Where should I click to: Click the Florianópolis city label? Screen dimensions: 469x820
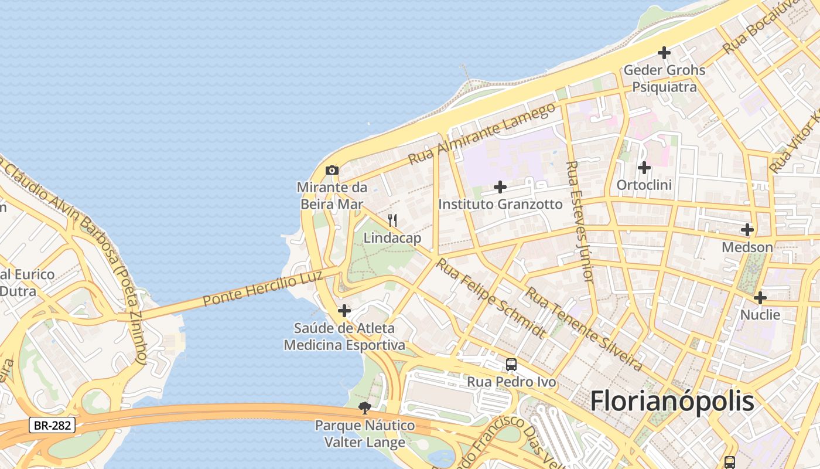click(672, 402)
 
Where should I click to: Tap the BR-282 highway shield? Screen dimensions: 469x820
click(52, 425)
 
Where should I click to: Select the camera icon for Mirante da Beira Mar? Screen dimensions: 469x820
click(332, 171)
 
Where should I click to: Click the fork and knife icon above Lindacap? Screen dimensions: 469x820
click(392, 220)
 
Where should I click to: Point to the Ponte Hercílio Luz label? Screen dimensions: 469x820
click(263, 283)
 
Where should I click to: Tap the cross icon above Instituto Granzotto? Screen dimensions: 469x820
click(500, 187)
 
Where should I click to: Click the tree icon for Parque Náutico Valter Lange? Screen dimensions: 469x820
click(365, 408)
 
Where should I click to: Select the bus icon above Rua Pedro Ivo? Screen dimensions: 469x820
click(511, 365)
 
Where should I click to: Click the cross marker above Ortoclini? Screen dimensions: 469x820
click(644, 168)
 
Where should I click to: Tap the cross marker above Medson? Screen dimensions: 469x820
click(747, 230)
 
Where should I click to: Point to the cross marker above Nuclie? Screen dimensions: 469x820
click(760, 298)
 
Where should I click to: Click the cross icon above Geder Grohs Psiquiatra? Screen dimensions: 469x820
click(664, 53)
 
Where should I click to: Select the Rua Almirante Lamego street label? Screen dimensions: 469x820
click(481, 134)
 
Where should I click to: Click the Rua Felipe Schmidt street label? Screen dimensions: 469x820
click(491, 298)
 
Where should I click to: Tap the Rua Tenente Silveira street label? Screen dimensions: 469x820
click(583, 328)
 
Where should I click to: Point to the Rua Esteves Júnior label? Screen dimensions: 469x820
click(580, 221)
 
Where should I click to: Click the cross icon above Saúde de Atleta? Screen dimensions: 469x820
click(344, 310)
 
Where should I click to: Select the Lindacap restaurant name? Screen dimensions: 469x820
click(392, 238)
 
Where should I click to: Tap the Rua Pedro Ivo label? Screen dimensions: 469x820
click(511, 382)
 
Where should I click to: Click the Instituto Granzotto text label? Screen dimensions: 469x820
click(500, 204)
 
